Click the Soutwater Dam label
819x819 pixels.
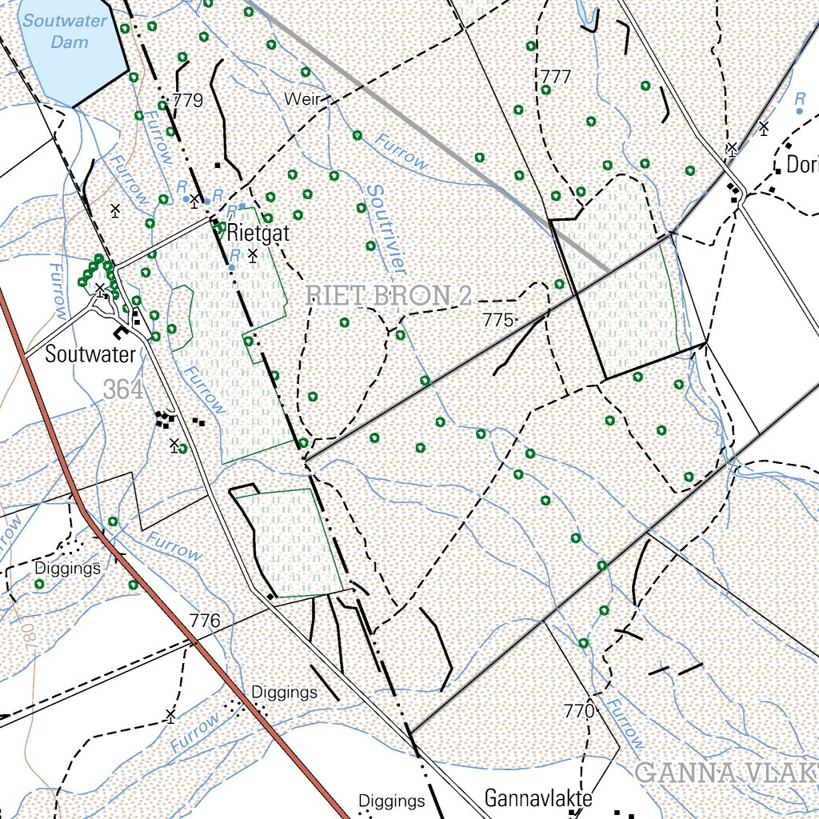point(64,30)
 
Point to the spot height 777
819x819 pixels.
point(556,77)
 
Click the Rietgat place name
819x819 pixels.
point(258,233)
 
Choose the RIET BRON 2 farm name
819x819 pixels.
point(389,296)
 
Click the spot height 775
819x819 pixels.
point(497,320)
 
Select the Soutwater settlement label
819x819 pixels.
point(90,354)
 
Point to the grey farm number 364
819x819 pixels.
point(123,390)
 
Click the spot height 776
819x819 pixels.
point(205,621)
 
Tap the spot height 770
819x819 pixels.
point(578,710)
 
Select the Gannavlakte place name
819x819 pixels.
point(538,798)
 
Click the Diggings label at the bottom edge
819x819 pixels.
point(391,801)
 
